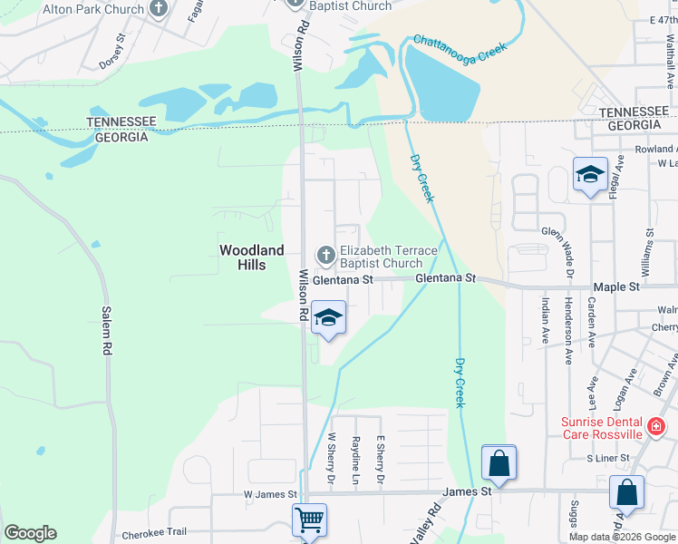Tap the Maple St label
(x=616, y=287)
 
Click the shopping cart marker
(x=310, y=520)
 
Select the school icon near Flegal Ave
(x=590, y=173)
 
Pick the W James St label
(x=270, y=494)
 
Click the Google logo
(x=30, y=532)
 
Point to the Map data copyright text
(x=622, y=537)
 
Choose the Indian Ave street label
(x=545, y=317)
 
